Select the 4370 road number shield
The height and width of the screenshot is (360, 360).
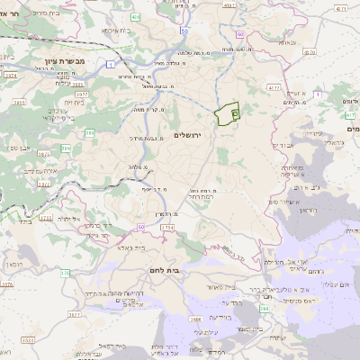pos(310,52)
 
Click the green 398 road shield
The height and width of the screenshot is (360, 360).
pos(263,309)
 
